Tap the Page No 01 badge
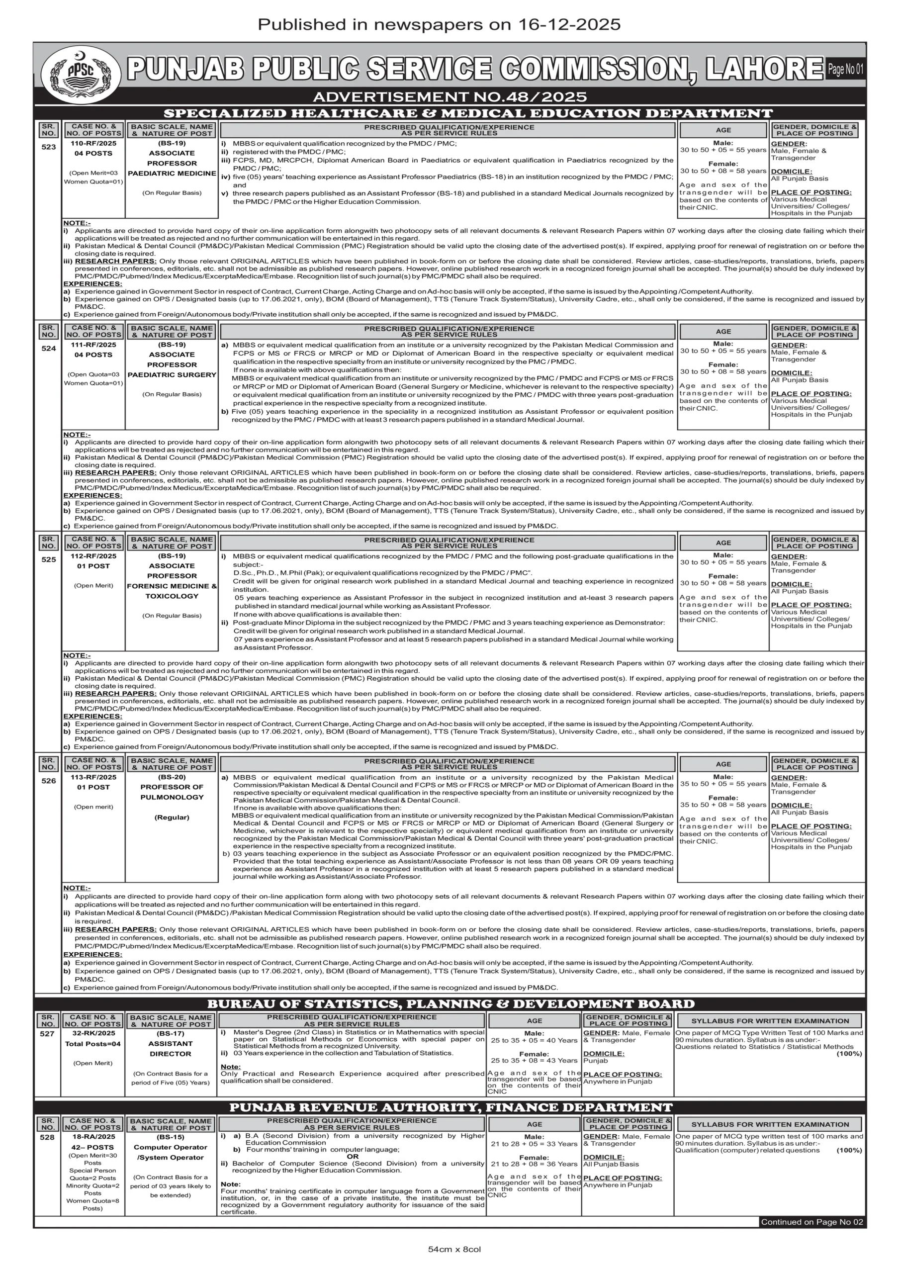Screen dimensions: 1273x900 point(845,69)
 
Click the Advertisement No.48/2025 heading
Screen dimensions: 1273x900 point(450,97)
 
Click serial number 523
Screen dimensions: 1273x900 point(49,147)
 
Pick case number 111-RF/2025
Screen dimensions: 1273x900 point(93,345)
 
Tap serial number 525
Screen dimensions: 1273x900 point(49,559)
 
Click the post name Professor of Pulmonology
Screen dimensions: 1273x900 point(172,792)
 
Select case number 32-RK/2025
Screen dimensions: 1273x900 point(92,1033)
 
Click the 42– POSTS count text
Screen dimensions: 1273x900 point(92,1147)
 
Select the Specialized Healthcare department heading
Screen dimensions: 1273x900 point(467,113)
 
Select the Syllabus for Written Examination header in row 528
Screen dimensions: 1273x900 point(770,1124)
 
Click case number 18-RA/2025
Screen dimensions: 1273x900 point(92,1137)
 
